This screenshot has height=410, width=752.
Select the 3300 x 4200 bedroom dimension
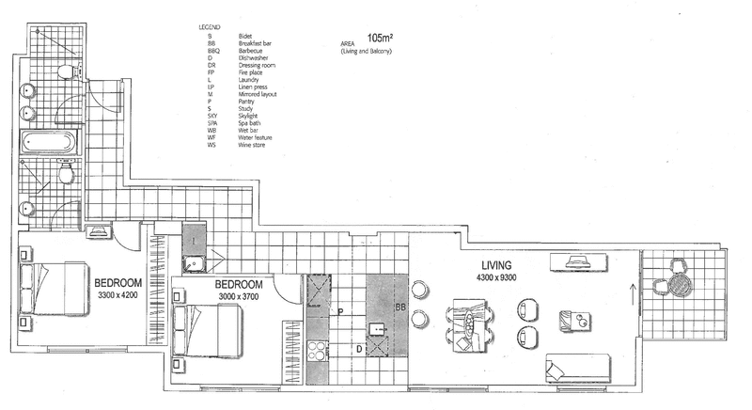click(x=117, y=293)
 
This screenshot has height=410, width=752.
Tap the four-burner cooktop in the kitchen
click(x=318, y=359)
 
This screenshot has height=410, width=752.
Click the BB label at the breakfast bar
click(x=399, y=307)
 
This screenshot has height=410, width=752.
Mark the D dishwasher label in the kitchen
click(x=359, y=349)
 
